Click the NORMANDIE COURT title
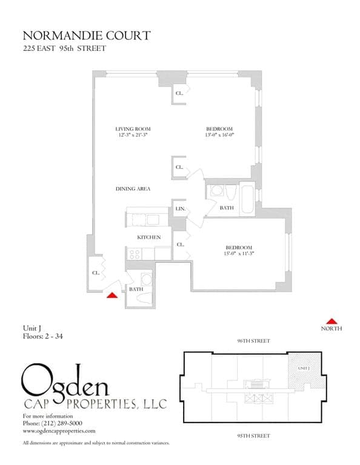(86, 36)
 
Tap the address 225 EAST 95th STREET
(64, 48)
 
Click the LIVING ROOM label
(133, 129)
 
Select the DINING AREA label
(133, 189)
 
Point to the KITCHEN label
(148, 237)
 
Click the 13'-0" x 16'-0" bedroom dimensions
(219, 136)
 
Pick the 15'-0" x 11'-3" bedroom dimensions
(239, 254)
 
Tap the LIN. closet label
(180, 209)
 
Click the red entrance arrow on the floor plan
(112, 295)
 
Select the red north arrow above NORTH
(332, 321)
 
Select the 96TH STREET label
(253, 341)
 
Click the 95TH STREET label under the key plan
(253, 436)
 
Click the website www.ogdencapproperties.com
(59, 430)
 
